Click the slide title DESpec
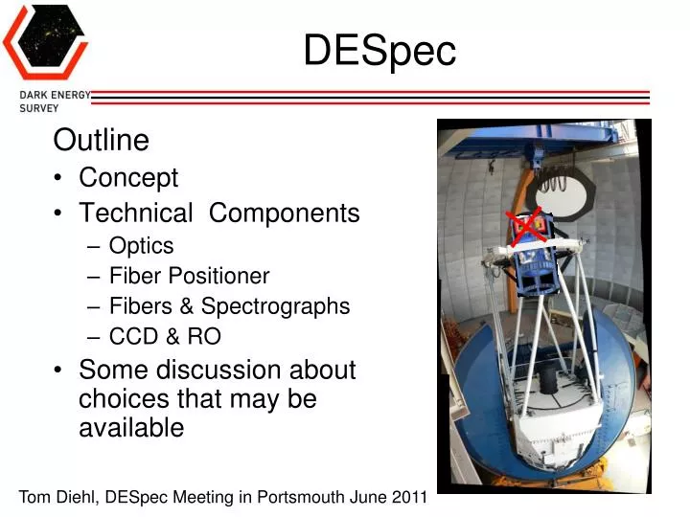click(379, 51)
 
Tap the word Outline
click(102, 141)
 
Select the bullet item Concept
click(128, 178)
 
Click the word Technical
click(136, 213)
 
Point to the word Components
click(285, 213)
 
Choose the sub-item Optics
click(141, 245)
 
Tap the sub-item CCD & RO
click(165, 336)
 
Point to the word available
click(130, 427)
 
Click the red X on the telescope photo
click(525, 227)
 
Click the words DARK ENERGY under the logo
click(55, 95)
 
